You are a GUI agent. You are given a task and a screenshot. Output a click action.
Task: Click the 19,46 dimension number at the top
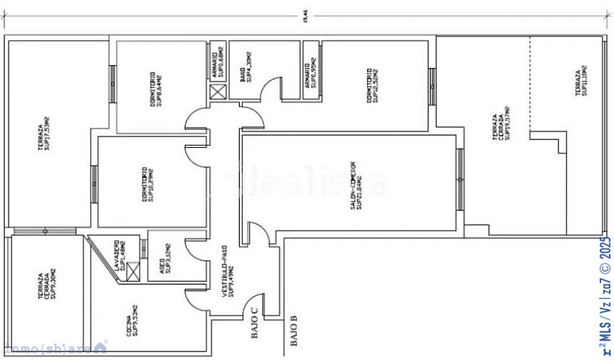coord(306,18)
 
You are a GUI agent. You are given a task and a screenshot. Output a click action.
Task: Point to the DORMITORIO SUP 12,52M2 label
coord(373,86)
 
